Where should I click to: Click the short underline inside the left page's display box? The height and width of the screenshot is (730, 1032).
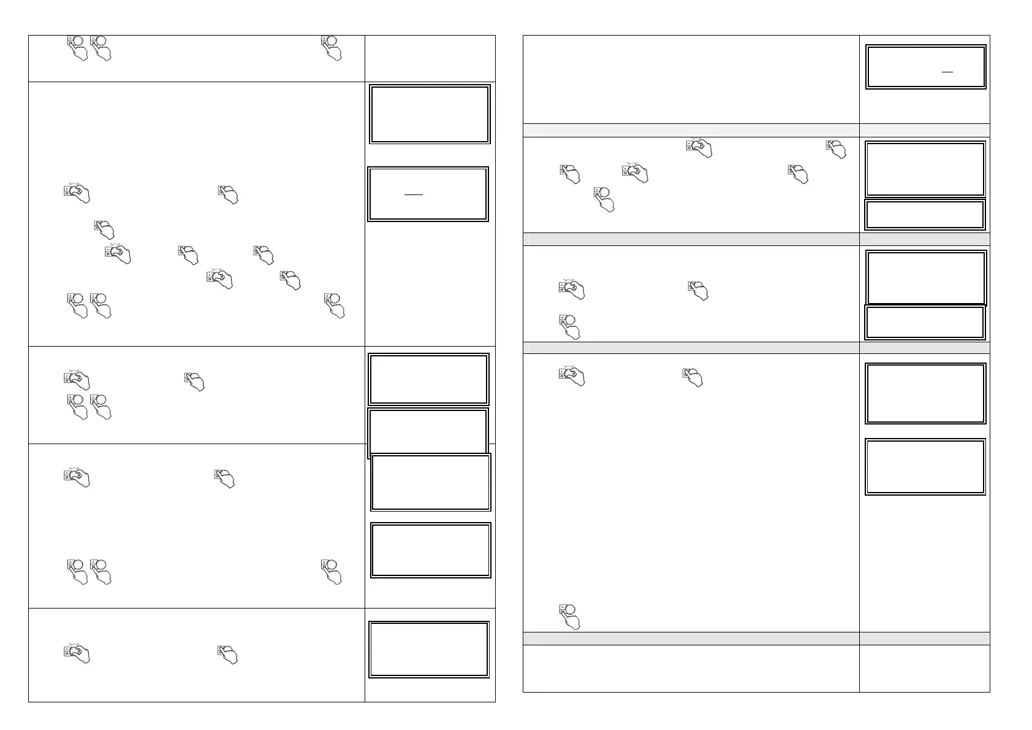tap(414, 195)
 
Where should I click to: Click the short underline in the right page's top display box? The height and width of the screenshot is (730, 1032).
tap(947, 72)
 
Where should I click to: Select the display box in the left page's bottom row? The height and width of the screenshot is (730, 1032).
tap(429, 649)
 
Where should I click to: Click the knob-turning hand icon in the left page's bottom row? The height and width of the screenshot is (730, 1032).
tap(77, 653)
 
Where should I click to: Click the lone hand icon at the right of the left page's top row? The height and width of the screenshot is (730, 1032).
tap(332, 48)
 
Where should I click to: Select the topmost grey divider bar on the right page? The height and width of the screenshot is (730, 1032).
tap(691, 129)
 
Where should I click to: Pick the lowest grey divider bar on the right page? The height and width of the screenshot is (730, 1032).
tap(691, 638)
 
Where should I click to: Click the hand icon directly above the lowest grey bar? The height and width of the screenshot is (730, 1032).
tap(569, 617)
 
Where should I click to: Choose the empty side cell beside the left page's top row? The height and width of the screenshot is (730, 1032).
tap(430, 58)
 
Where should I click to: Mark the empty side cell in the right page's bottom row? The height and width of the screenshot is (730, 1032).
tap(924, 668)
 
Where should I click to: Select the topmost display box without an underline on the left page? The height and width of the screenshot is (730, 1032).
tap(430, 114)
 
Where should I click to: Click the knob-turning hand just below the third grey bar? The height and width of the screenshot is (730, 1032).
tap(572, 376)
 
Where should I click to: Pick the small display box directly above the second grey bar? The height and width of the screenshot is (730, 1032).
tap(925, 215)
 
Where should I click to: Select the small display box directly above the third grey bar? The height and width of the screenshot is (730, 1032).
tap(925, 322)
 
